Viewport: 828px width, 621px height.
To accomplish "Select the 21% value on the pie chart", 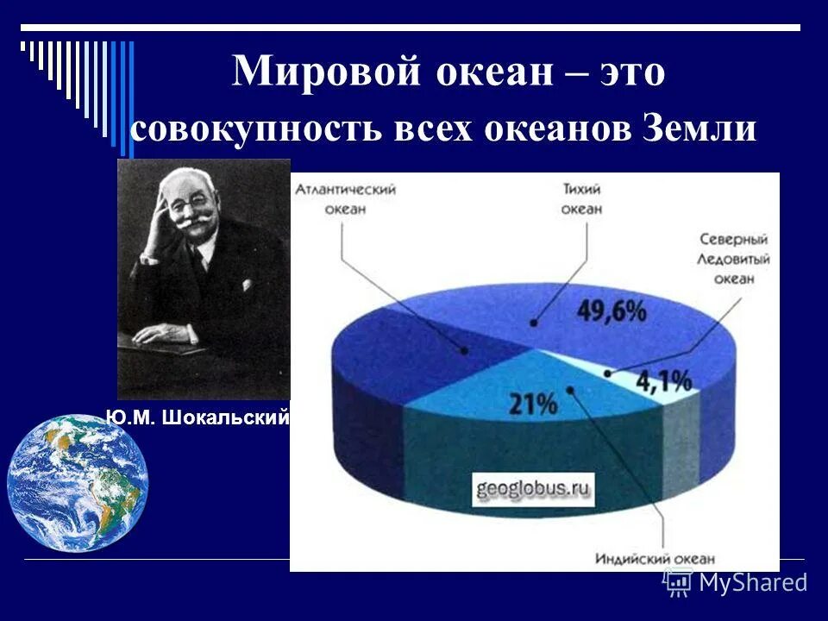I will click(x=532, y=405).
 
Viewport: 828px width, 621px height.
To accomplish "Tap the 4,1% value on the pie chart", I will click(x=664, y=379).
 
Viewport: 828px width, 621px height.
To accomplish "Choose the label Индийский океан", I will click(x=655, y=558).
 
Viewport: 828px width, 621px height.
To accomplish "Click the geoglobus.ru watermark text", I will click(x=532, y=489).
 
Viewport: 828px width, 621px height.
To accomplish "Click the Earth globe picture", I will click(x=78, y=483).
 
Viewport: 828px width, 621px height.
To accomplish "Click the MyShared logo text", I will click(x=752, y=582).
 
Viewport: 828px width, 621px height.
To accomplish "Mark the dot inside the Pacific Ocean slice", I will click(x=535, y=323).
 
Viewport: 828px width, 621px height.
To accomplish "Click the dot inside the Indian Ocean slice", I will click(x=571, y=389).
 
